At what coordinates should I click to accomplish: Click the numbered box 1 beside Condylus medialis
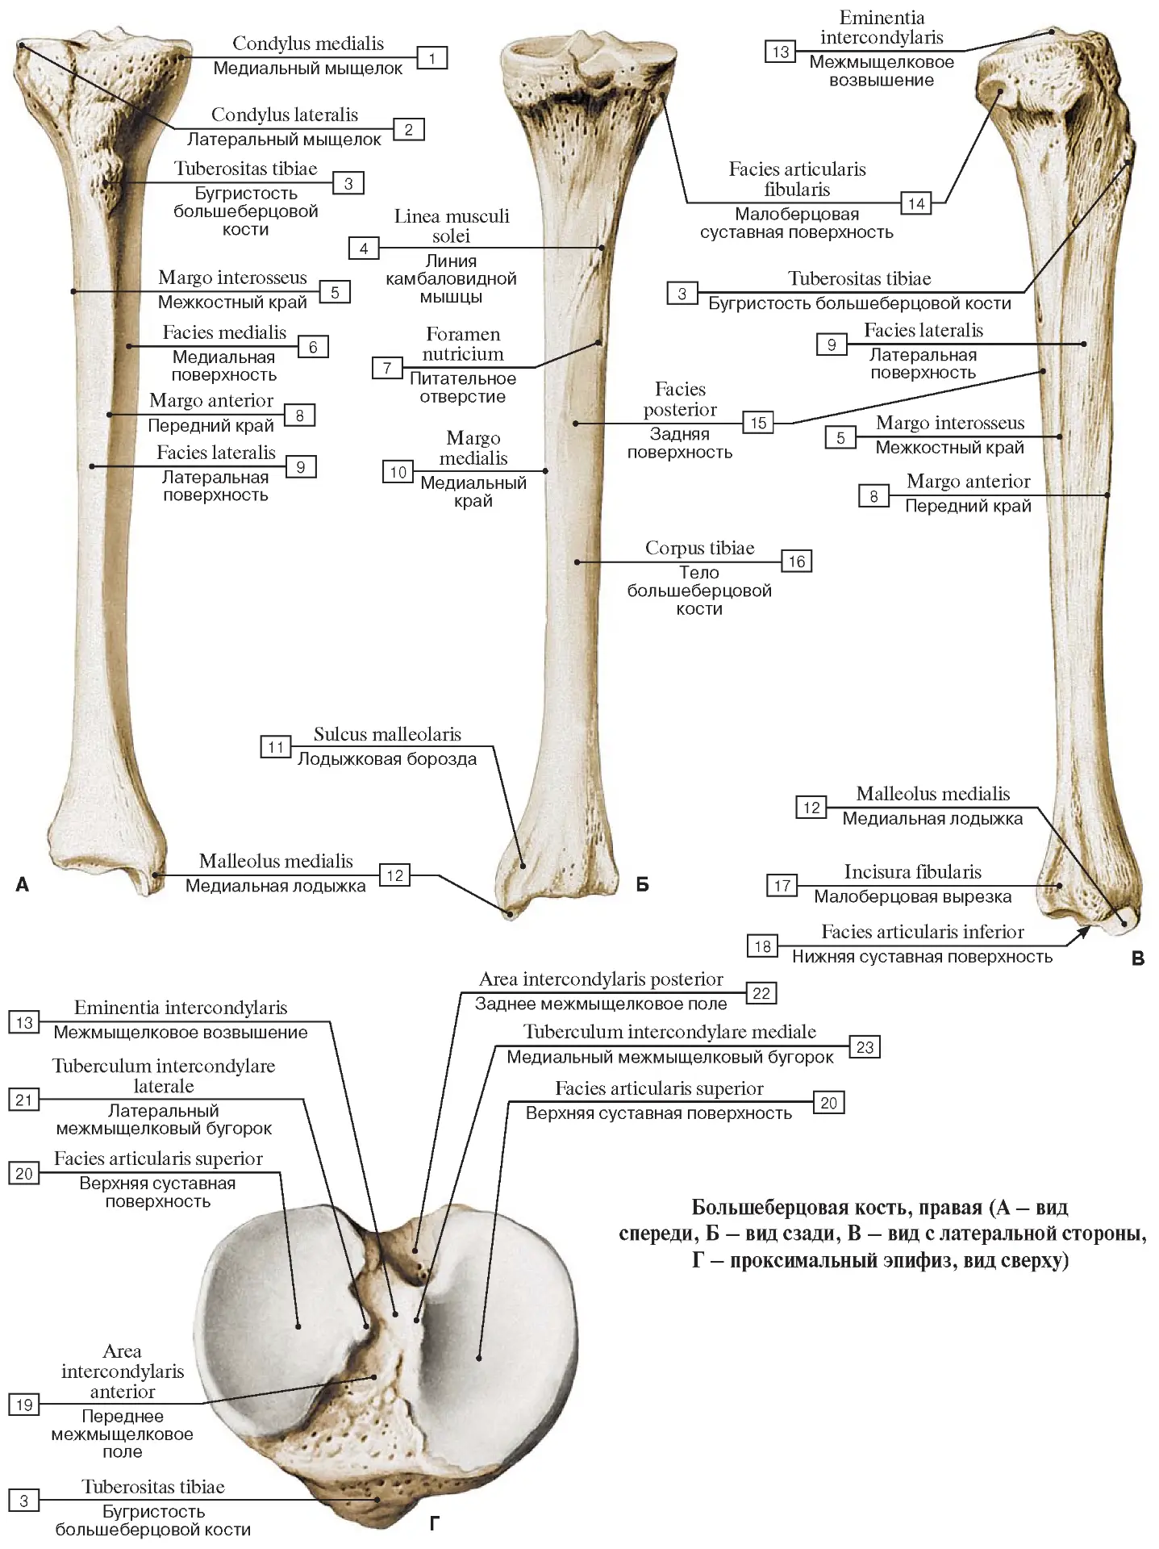[432, 58]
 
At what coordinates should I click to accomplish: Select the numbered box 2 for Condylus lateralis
[409, 130]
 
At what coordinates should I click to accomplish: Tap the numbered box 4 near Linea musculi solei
[364, 248]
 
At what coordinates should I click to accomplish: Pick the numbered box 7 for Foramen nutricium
[387, 368]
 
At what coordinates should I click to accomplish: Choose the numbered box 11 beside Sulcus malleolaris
[276, 747]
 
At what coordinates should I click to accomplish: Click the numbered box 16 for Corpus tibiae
[797, 562]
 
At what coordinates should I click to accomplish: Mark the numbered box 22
[761, 993]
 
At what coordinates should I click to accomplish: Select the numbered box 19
[24, 1405]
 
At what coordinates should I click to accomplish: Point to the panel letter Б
[642, 884]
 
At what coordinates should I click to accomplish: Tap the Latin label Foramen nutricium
[463, 344]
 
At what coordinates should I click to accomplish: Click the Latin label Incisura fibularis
[913, 872]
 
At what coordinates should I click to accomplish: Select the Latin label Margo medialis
[473, 448]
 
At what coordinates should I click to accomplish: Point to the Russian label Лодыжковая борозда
[387, 759]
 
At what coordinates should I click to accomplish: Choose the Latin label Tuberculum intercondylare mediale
[669, 1032]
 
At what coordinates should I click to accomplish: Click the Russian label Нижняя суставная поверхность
[923, 957]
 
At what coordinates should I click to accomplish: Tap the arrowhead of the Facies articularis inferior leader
[1086, 931]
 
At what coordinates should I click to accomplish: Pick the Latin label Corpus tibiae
[700, 549]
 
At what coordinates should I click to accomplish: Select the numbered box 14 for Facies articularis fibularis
[916, 203]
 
